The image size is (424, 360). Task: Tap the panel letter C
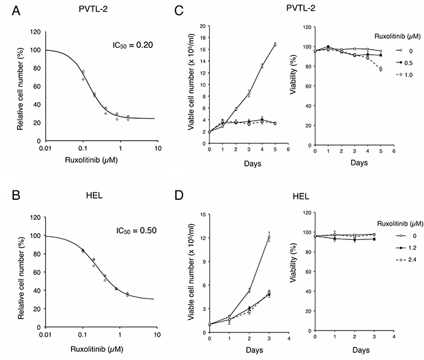[181, 11]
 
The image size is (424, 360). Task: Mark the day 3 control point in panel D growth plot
[269, 237]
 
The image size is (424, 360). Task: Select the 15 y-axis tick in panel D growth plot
[202, 215]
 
